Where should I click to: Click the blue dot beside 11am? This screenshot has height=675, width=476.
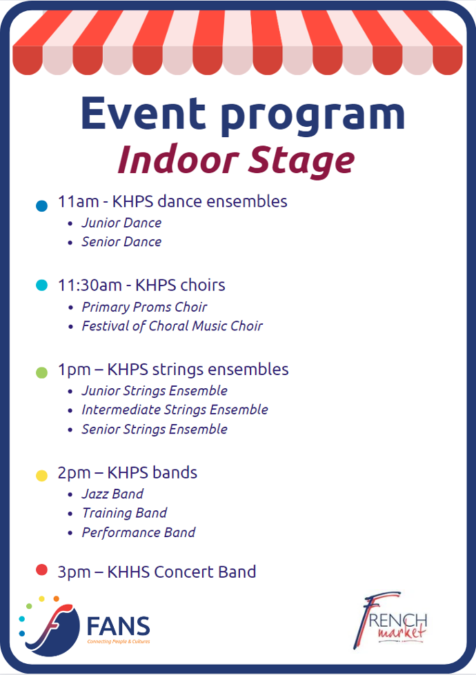tap(42, 205)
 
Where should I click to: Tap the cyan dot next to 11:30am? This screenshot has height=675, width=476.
tap(42, 285)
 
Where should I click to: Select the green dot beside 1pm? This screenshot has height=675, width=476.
tap(42, 372)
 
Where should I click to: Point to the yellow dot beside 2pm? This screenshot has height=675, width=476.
tap(42, 475)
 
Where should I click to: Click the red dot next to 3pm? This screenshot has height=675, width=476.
tap(42, 570)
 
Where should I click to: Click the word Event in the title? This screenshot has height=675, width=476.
tap(143, 113)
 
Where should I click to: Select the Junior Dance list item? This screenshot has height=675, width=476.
tap(121, 223)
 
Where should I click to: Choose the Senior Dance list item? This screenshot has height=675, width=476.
tap(121, 241)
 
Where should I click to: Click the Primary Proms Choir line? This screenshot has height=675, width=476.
tap(144, 307)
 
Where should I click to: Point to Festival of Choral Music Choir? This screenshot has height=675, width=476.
tap(172, 326)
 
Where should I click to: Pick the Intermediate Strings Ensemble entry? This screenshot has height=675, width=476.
tap(175, 410)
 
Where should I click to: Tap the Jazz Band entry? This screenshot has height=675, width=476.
tap(112, 494)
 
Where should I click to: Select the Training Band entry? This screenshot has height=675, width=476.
tap(124, 513)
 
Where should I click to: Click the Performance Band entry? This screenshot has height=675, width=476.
tap(138, 532)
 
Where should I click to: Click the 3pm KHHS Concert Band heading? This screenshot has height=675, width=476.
tap(157, 572)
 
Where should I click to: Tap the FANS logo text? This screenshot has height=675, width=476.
tap(119, 626)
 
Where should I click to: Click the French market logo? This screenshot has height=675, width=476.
tap(390, 621)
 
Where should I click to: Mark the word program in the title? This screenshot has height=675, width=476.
tap(313, 117)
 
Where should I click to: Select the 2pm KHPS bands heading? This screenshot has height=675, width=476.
tap(128, 473)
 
